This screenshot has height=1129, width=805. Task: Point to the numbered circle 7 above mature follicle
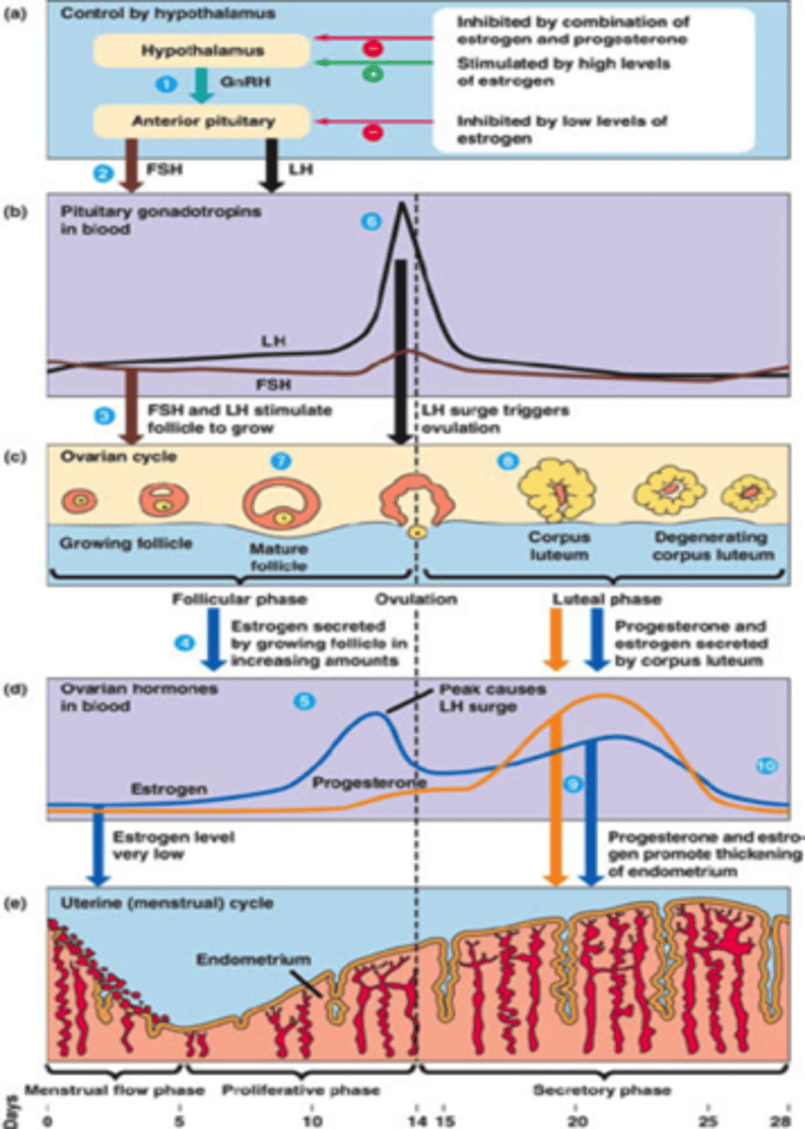click(280, 461)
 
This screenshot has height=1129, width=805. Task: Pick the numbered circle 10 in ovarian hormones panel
click(766, 766)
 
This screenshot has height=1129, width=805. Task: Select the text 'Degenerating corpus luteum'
click(711, 547)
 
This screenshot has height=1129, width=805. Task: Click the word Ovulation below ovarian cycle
click(416, 598)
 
